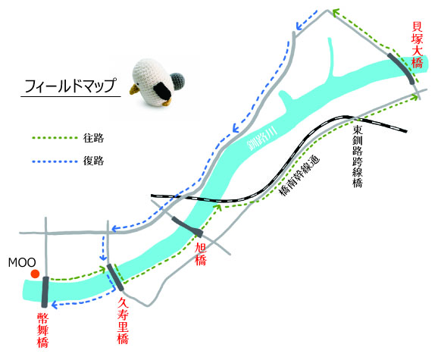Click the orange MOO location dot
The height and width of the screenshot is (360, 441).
point(35,274)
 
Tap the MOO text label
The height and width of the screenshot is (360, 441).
point(22,263)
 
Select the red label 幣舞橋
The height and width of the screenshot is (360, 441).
point(42,330)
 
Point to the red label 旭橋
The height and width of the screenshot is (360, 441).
point(201,254)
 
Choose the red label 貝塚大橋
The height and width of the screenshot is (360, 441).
point(417,45)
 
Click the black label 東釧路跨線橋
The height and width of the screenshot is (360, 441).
point(358,156)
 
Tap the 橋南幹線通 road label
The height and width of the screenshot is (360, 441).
point(300,176)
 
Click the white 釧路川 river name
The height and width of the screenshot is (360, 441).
point(262,139)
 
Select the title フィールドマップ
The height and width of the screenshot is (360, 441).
point(70,86)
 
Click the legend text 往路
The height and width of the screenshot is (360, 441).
point(93,138)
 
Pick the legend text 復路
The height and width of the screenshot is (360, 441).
point(93,161)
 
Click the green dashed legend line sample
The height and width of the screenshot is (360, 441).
point(55,138)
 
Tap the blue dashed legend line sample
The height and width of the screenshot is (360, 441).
point(55,161)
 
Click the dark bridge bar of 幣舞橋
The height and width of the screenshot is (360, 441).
point(45,292)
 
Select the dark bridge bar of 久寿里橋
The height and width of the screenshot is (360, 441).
point(115,277)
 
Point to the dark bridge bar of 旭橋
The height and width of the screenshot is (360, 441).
point(188,226)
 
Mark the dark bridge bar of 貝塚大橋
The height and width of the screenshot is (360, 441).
point(402,67)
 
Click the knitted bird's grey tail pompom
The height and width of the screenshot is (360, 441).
point(177,81)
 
